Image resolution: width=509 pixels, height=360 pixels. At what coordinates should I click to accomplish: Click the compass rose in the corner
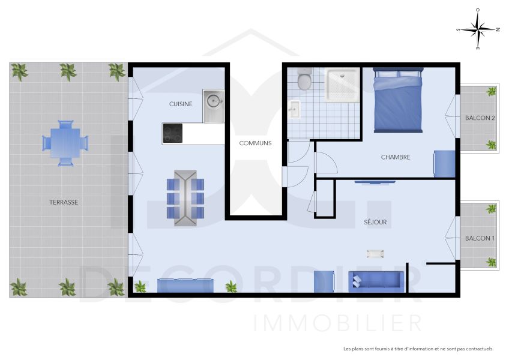tap(478, 29)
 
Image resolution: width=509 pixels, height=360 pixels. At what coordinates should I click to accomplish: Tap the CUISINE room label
tap(181, 104)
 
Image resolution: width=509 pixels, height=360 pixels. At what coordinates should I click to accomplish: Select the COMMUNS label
tap(255, 143)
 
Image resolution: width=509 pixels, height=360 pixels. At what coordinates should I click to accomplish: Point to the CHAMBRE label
tap(396, 157)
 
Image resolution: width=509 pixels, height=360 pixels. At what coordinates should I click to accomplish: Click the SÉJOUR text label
tap(375, 222)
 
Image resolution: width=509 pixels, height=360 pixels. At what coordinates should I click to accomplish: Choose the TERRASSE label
tap(64, 202)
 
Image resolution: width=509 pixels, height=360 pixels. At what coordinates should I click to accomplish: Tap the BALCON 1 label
tap(480, 238)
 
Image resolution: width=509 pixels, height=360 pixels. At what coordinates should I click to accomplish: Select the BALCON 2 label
tap(480, 118)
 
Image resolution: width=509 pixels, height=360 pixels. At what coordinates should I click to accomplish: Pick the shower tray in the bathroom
tap(343, 84)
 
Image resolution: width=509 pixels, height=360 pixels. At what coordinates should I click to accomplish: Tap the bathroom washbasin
tap(294, 109)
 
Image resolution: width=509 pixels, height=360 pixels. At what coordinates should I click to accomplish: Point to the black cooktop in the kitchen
tap(173, 133)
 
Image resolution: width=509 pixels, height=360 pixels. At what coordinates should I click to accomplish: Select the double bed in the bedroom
tap(398, 100)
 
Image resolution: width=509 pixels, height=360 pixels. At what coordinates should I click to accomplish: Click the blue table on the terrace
tap(65, 143)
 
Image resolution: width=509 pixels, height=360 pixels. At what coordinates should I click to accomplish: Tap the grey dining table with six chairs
tap(185, 198)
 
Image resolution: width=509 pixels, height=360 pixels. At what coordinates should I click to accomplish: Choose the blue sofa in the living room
tap(376, 280)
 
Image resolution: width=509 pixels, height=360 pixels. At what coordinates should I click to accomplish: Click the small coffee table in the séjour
tap(376, 253)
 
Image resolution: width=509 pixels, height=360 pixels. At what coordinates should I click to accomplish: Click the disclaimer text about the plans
tap(418, 349)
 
